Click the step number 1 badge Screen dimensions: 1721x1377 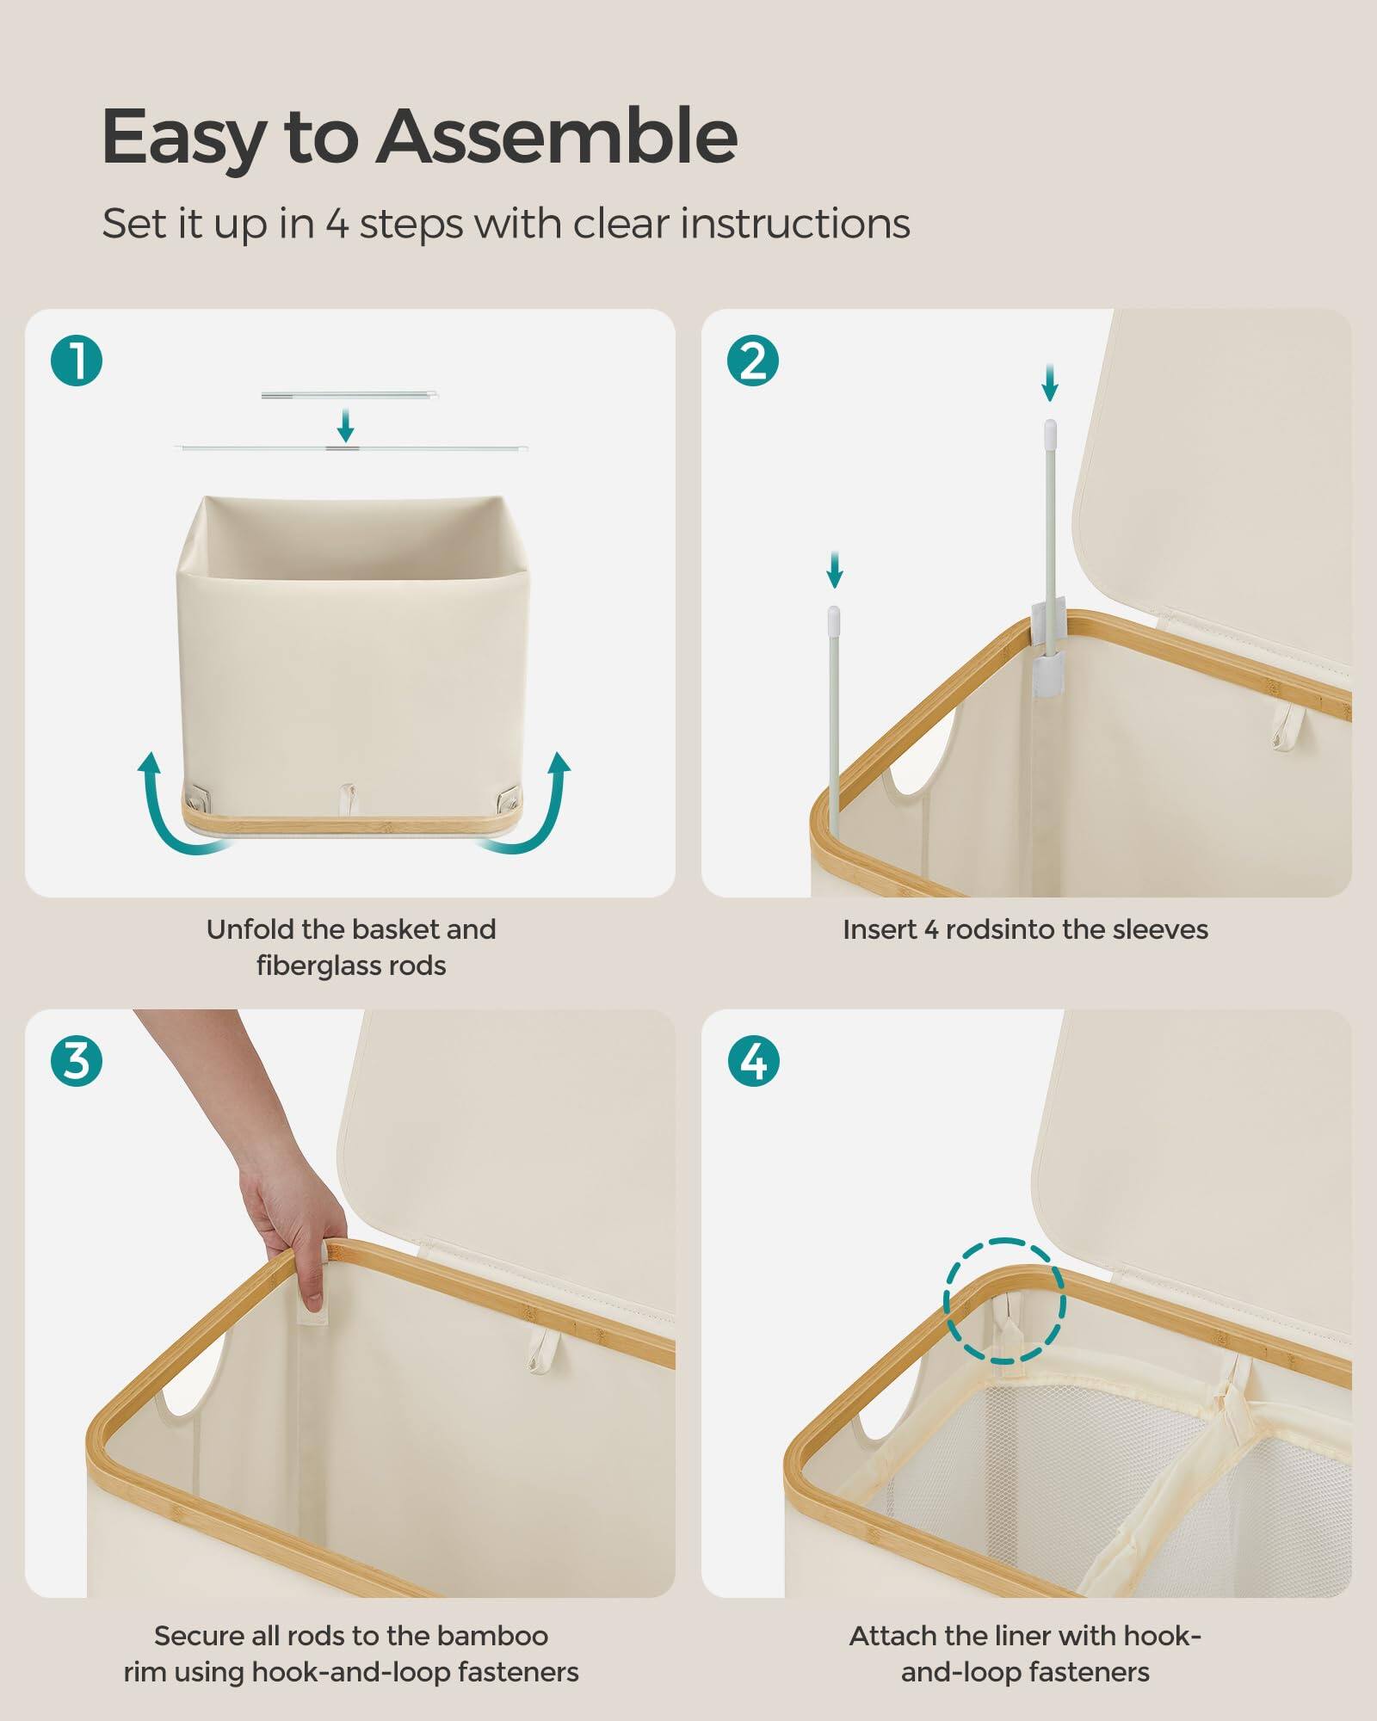click(77, 361)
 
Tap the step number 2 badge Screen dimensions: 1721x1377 click(753, 361)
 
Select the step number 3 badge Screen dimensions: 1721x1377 click(77, 1060)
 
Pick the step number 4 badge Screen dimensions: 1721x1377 click(753, 1060)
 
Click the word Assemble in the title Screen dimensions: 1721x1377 click(557, 138)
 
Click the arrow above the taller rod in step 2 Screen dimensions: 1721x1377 click(1049, 383)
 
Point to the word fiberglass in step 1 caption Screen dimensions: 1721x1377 click(319, 966)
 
